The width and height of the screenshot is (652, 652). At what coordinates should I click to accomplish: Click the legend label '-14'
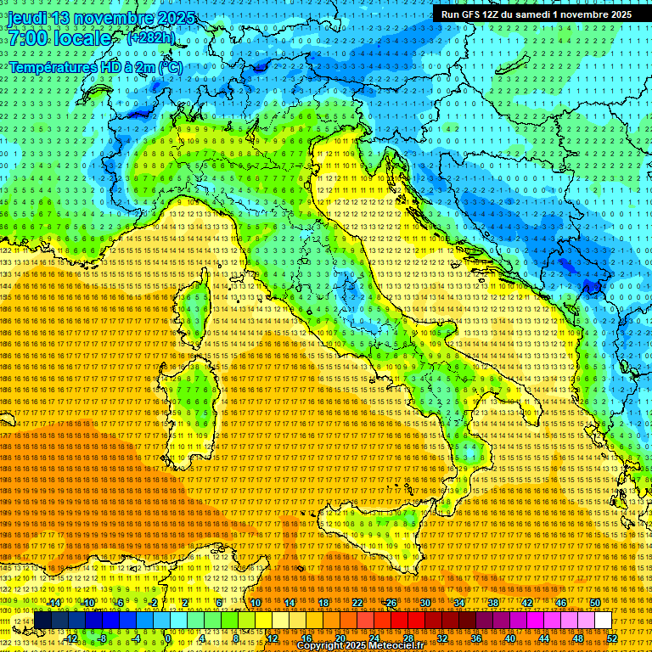pyautogui.click(x=55, y=603)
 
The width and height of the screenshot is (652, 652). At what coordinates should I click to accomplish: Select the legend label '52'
pyautogui.click(x=611, y=638)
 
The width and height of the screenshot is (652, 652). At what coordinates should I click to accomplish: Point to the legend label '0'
pyautogui.click(x=169, y=638)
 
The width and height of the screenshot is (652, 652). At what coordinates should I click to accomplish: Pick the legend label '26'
pyautogui.click(x=391, y=603)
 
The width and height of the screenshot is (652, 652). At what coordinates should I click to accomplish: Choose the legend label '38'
pyautogui.click(x=492, y=603)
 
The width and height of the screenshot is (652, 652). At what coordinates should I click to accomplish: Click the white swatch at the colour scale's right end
pyautogui.click(x=604, y=621)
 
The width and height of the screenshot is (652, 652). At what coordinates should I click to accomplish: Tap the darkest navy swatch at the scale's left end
pyautogui.click(x=42, y=621)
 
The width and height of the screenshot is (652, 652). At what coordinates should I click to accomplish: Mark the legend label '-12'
pyautogui.click(x=72, y=638)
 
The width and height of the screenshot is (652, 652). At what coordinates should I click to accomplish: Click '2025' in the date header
pyautogui.click(x=176, y=19)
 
